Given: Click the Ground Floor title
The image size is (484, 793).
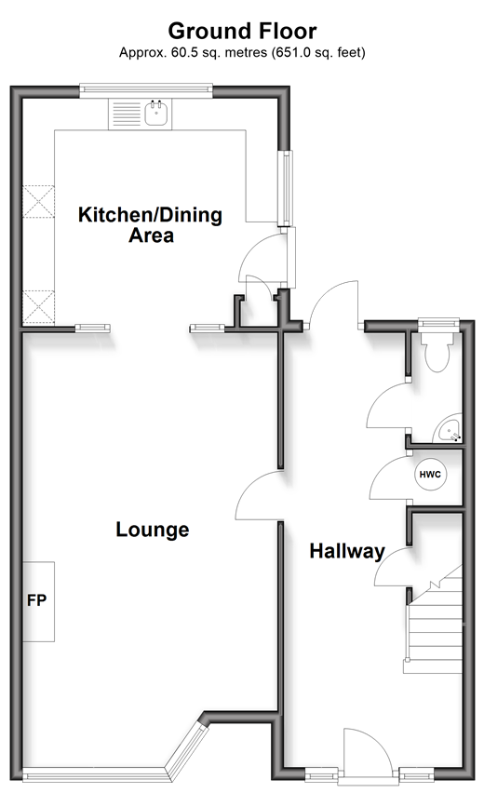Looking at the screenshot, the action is click(242, 31).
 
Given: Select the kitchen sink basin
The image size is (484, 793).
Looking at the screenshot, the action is click(156, 113).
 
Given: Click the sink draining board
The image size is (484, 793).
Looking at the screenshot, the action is click(126, 114).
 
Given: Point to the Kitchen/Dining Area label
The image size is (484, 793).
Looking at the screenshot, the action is click(150, 224).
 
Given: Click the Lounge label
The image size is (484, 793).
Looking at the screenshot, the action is click(153, 530).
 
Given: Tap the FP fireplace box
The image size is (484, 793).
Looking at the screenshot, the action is click(38, 601).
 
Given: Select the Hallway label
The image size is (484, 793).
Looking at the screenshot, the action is click(347, 551).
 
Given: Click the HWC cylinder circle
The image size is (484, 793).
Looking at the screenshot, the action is click(430, 475).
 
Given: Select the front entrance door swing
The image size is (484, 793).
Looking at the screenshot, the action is click(367, 751).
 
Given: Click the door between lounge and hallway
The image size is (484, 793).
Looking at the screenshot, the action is click(260, 495).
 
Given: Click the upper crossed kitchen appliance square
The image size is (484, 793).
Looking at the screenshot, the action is click(38, 201).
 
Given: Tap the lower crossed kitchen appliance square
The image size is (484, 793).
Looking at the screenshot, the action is click(38, 307).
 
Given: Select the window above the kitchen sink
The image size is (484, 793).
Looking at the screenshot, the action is click(146, 90).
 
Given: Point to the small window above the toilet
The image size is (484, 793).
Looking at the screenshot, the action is click(438, 325).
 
